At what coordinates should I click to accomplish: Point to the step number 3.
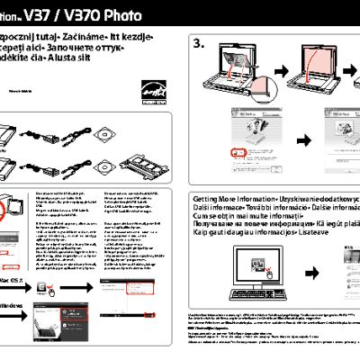tap(200, 43)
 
